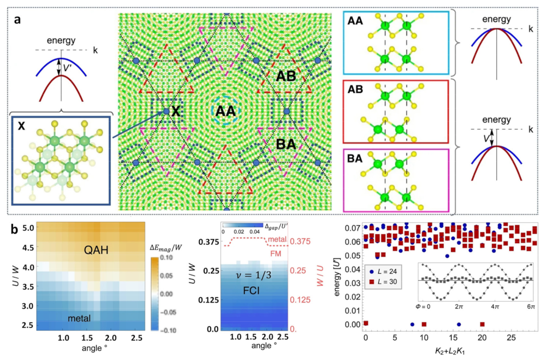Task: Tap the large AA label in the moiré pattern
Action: click(x=225, y=111)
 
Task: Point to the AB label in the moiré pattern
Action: click(x=285, y=76)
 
